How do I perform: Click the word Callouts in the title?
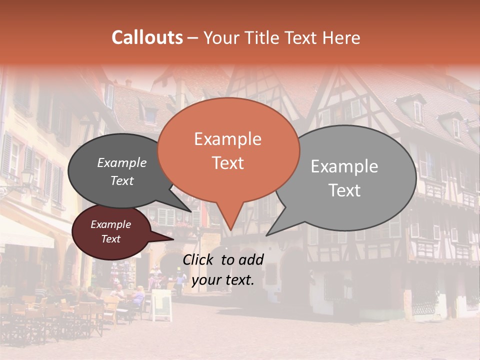[x=147, y=37]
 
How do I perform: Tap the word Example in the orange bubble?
[x=227, y=139]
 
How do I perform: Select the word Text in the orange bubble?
[x=227, y=163]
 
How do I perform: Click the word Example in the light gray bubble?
[x=344, y=166]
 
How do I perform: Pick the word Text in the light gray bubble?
[x=344, y=190]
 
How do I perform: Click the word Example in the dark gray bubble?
[x=122, y=162]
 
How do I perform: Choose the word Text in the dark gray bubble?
[x=122, y=180]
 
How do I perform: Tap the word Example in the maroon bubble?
[x=110, y=224]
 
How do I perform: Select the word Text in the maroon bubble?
[x=110, y=239]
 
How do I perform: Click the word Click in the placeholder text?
[x=199, y=259]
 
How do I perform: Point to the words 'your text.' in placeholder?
[x=223, y=280]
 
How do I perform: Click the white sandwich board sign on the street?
[x=161, y=304]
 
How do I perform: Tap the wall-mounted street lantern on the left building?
[x=27, y=177]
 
